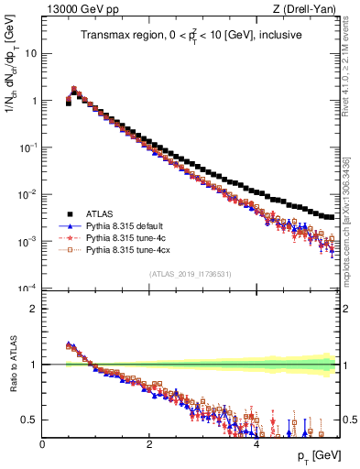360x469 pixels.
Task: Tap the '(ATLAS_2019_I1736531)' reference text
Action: click(191, 274)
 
